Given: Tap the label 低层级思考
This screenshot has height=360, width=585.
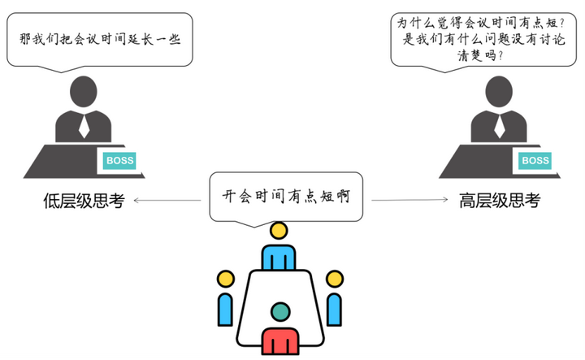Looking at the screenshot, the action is (84, 201).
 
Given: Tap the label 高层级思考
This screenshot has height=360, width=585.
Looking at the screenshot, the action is (500, 201).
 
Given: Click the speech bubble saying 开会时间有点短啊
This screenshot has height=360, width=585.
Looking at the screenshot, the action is (287, 196).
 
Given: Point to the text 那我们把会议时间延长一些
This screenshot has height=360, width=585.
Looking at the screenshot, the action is (99, 38).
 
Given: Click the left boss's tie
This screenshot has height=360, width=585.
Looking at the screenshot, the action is (84, 126).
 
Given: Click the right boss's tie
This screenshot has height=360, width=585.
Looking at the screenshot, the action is (499, 126).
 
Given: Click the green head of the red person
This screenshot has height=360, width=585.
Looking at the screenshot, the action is (280, 311).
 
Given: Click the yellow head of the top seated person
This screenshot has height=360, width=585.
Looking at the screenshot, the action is (279, 230).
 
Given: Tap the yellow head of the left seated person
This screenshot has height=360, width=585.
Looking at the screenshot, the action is (225, 280).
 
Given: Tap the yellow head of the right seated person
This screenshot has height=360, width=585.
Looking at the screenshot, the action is (333, 280).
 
